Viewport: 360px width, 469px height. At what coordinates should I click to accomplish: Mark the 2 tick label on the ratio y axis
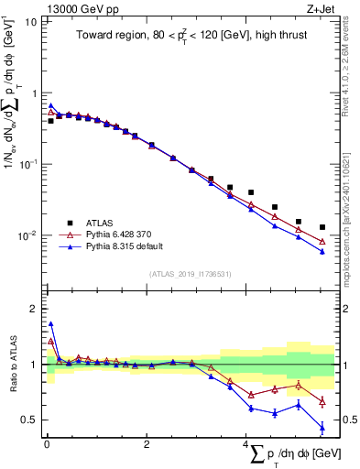pos(33,309)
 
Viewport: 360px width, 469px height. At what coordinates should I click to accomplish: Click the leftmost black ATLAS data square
pos(51,121)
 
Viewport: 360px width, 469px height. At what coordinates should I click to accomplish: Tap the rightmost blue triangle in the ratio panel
pos(322,427)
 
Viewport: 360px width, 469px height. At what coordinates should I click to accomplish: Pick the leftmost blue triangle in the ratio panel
pos(51,323)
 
